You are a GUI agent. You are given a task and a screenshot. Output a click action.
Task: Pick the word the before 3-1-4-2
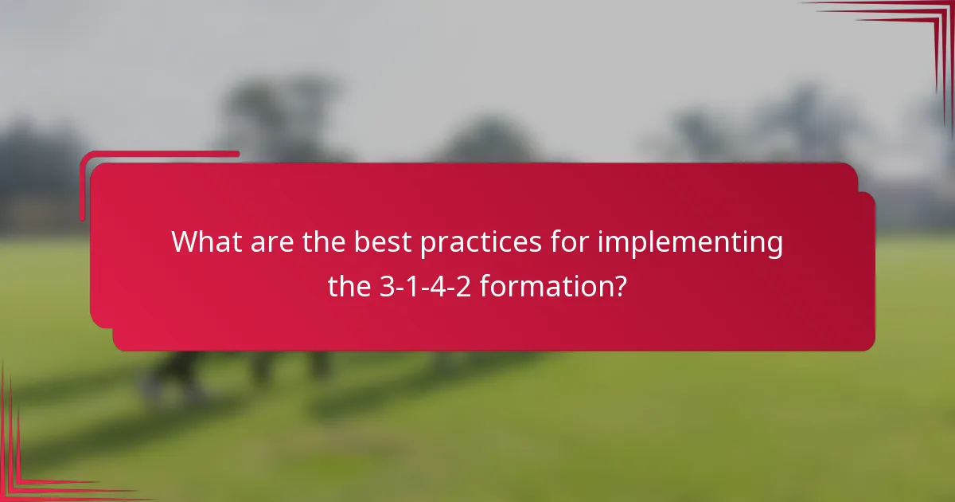349,285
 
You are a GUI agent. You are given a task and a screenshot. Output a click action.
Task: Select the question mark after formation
619,285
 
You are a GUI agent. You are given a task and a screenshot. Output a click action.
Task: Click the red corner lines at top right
915,32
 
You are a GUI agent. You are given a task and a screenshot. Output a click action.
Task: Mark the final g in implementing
774,245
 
